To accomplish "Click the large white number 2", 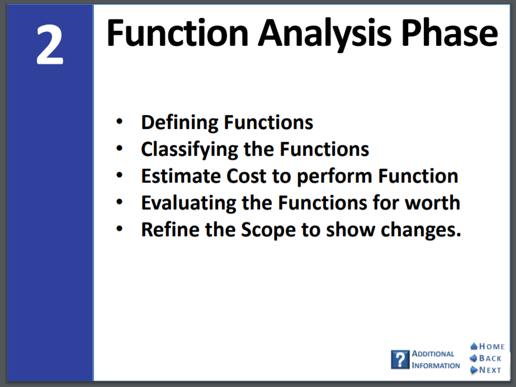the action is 50,45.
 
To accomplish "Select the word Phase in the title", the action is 450,32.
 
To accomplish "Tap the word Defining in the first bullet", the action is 179,123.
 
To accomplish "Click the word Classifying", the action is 189,150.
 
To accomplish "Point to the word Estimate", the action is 181,176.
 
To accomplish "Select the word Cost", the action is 246,176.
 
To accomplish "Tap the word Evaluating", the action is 188,203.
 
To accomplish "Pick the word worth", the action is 432,203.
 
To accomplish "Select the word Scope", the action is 268,231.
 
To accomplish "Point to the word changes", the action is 421,230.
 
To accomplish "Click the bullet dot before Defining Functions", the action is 119,122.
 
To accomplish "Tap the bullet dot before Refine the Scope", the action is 119,228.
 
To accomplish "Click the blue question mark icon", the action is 400,360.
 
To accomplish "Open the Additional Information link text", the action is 435,360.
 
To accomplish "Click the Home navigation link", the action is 487,346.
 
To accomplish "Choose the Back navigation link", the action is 486,358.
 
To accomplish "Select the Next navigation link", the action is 486,370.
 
